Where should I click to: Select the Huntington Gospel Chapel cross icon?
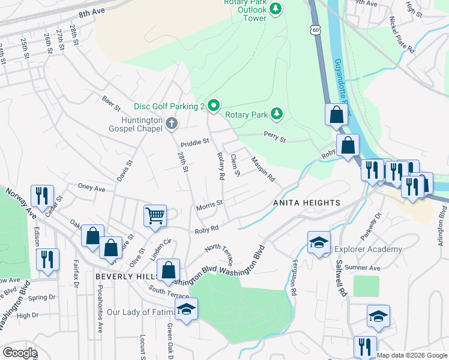click(172, 124)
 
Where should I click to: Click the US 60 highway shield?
click(317, 29)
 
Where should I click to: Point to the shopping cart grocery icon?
click(155, 215)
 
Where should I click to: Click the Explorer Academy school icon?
click(319, 241)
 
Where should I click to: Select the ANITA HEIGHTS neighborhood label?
click(307, 203)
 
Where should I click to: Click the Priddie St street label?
click(194, 143)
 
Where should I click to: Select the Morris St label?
click(209, 205)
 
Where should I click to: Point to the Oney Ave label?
click(92, 188)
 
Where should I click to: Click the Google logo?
click(20, 353)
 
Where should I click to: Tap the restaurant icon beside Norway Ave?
click(41, 194)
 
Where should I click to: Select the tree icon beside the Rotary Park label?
click(276, 113)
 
